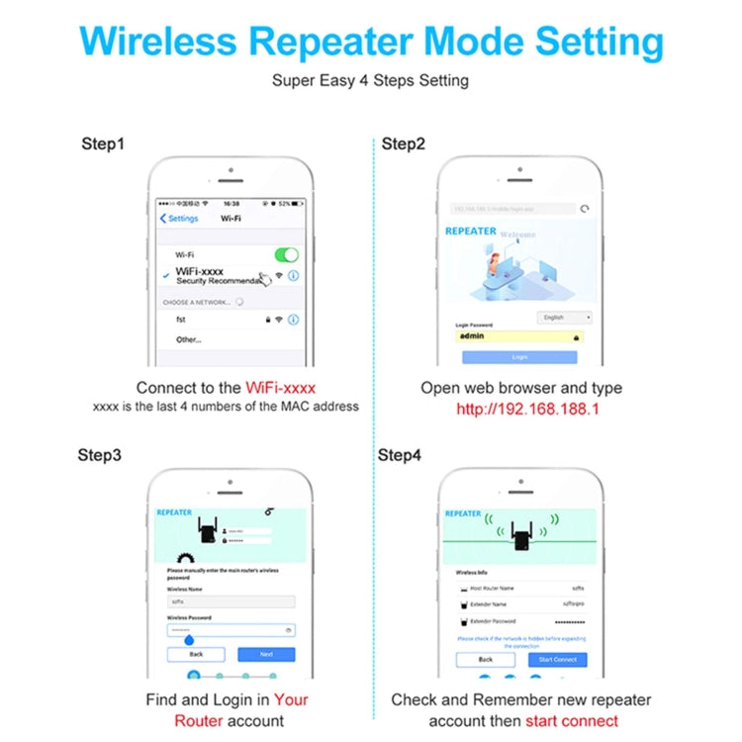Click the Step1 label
[103, 144]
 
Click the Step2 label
[404, 144]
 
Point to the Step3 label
[100, 455]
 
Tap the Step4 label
[401, 455]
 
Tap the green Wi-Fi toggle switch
[286, 254]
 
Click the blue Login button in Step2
[520, 356]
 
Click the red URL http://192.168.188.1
[527, 409]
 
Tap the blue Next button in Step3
[266, 654]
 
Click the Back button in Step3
[196, 654]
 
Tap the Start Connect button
[558, 659]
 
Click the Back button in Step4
[486, 659]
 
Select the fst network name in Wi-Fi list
[182, 320]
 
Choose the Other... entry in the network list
[189, 339]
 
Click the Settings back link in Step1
[180, 219]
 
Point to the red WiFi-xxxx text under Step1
[281, 388]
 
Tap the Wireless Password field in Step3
[231, 629]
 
